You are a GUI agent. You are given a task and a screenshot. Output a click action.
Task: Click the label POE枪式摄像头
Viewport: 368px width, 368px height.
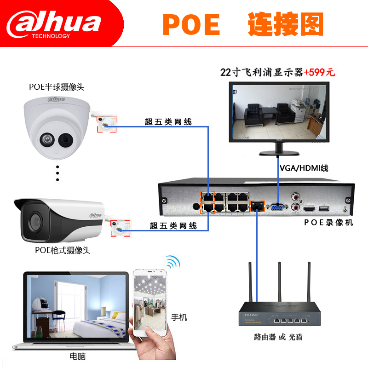pyautogui.click(x=63, y=250)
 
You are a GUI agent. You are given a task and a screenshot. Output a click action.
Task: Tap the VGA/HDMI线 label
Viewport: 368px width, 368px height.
pyautogui.click(x=304, y=168)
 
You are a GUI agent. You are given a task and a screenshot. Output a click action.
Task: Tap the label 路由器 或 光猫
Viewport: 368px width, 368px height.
pyautogui.click(x=278, y=337)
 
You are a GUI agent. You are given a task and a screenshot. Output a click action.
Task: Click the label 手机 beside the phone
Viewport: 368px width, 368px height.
pyautogui.click(x=179, y=317)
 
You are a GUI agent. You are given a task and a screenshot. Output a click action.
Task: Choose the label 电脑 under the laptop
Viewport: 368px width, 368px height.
pyautogui.click(x=78, y=356)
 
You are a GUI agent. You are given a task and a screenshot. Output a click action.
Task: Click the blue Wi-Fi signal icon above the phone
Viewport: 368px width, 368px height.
pyautogui.click(x=172, y=263)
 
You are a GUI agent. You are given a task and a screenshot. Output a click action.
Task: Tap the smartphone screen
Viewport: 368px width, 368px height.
pyautogui.click(x=148, y=304)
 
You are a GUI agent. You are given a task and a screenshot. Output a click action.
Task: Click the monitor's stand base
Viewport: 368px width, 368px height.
pyautogui.click(x=279, y=153)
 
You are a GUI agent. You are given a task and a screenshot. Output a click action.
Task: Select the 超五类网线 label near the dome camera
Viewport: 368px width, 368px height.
pyautogui.click(x=168, y=122)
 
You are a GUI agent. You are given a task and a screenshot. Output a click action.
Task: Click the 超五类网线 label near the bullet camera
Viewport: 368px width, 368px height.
pyautogui.click(x=173, y=225)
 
